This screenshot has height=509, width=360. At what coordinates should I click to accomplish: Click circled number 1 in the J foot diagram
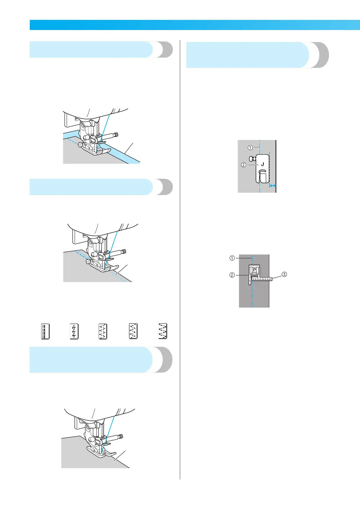tap(250, 147)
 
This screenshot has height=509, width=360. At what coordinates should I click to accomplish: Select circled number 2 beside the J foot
tap(243, 165)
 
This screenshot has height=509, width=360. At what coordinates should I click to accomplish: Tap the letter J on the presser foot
tap(262, 164)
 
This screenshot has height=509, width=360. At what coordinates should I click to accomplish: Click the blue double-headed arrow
tap(273, 186)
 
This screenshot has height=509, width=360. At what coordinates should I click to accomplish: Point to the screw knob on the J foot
tap(252, 159)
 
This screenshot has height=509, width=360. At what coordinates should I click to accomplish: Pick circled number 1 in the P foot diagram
tap(232, 258)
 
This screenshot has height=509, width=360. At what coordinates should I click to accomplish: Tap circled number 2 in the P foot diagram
tap(232, 275)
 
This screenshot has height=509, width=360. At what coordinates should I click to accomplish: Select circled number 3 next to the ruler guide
tap(285, 274)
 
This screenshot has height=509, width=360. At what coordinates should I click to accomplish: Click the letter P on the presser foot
tap(254, 270)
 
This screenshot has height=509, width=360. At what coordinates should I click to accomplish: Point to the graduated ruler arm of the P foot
tap(263, 279)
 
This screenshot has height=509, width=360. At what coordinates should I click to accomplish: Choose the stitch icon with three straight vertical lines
tap(45, 331)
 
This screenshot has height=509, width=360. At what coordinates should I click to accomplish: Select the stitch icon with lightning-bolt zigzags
tap(74, 331)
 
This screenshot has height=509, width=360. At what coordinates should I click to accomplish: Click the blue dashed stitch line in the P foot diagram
tap(252, 297)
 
